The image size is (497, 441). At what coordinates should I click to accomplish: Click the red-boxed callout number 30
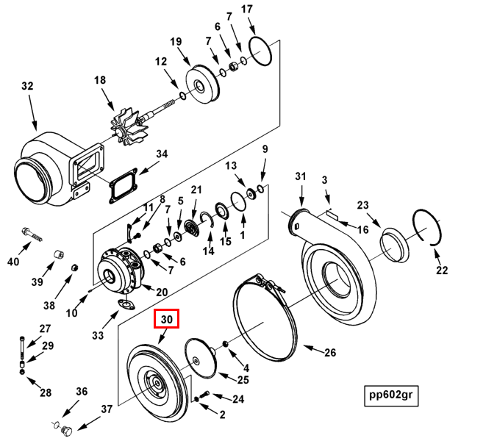tap(166, 320)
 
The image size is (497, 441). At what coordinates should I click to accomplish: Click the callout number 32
tap(27, 86)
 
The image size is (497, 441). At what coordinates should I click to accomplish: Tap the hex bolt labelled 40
tap(31, 234)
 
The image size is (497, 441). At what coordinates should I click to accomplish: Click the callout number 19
tap(176, 41)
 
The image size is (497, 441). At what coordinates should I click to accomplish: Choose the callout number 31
tap(299, 176)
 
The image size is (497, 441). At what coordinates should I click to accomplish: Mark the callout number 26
tap(329, 354)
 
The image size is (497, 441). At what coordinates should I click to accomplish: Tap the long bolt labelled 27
tap(23, 345)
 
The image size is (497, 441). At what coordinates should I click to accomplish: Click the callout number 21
tap(196, 190)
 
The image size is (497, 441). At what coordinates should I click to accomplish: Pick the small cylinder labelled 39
tap(54, 257)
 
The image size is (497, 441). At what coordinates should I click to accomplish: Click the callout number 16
tap(363, 230)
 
